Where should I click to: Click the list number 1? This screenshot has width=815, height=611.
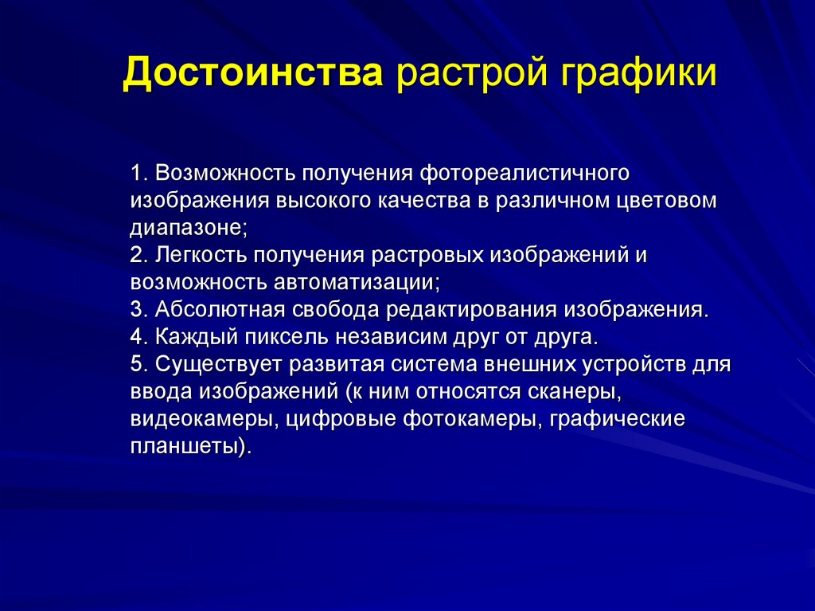click(136, 173)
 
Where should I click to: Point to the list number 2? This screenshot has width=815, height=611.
click(136, 255)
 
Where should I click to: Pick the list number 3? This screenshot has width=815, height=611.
click(136, 309)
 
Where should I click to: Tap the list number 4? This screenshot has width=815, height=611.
click(136, 336)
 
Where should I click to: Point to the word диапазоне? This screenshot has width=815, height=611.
click(187, 228)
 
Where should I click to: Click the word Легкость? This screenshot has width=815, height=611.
click(201, 255)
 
